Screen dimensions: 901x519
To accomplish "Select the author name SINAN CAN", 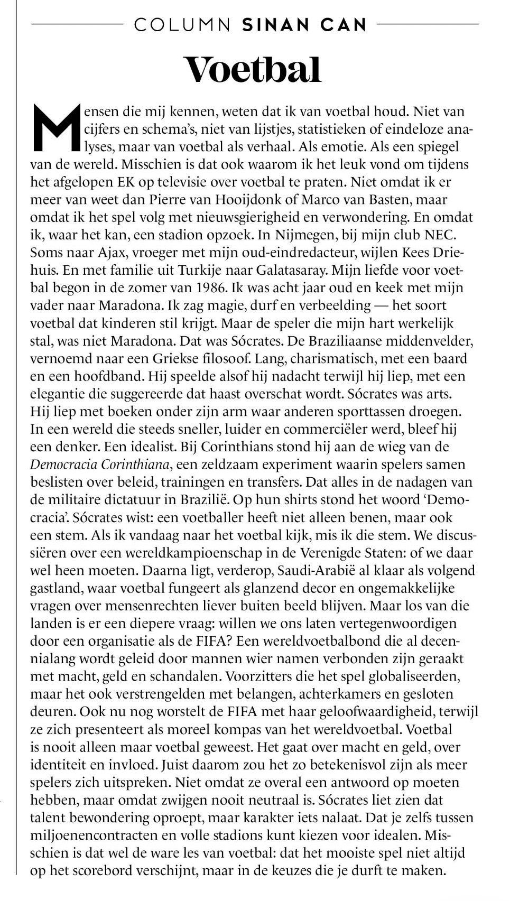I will click(304, 25).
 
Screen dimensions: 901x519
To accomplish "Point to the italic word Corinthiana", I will click(135, 465).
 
